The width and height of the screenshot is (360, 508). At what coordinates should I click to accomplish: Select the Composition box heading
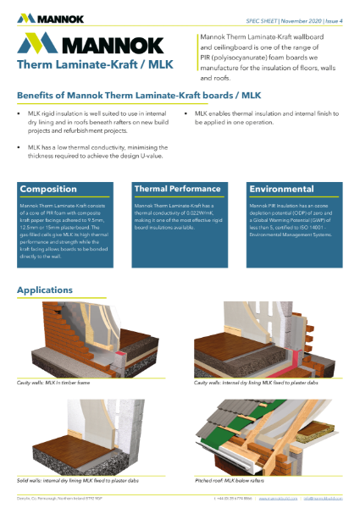coord(49,188)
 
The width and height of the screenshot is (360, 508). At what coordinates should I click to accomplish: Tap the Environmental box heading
coord(282,188)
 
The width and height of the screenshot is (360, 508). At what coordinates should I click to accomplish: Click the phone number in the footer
coord(231,500)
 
